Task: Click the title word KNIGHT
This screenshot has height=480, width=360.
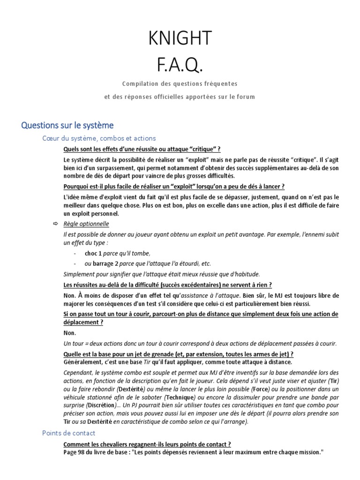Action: [180, 38]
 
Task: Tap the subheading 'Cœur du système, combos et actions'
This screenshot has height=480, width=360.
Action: [99, 138]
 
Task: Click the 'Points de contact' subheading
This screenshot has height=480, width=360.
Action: [68, 433]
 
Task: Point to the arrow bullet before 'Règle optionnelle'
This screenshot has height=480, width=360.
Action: [55, 224]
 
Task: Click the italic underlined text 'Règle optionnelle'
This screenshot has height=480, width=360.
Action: [86, 224]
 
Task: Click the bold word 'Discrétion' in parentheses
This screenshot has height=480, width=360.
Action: [102, 405]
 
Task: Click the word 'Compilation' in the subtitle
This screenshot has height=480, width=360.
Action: [141, 84]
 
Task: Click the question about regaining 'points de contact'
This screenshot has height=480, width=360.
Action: [147, 444]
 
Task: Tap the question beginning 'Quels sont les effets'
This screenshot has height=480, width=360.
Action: [142, 149]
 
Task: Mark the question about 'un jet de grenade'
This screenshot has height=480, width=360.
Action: [178, 354]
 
